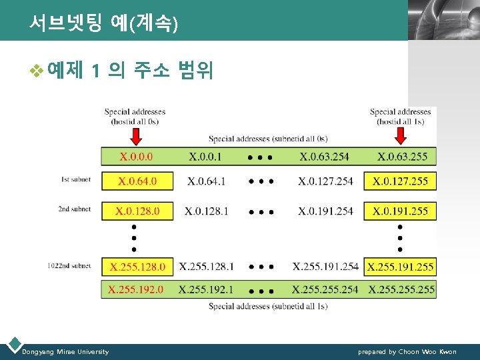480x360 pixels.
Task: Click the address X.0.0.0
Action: (x=137, y=157)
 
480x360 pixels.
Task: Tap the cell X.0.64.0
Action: (x=137, y=181)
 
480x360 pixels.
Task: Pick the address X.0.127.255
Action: (x=400, y=181)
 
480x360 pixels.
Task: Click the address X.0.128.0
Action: (x=137, y=211)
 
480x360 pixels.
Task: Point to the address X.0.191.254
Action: (x=325, y=211)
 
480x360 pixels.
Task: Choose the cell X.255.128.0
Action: (x=137, y=267)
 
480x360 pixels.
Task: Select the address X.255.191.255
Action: (x=400, y=267)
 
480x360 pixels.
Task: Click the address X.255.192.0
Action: (x=137, y=289)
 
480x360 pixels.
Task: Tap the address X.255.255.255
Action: (x=401, y=289)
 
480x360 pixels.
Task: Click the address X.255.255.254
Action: (x=325, y=289)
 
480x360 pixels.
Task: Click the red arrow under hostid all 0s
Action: (x=135, y=136)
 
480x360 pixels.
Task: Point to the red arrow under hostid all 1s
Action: (x=400, y=136)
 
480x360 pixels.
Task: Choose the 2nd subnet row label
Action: (x=73, y=209)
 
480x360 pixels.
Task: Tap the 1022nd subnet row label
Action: (x=69, y=265)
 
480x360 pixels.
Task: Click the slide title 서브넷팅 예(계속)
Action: (x=103, y=25)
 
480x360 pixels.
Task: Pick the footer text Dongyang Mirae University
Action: (x=65, y=351)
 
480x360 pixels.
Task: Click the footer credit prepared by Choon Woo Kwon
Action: (x=407, y=351)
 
